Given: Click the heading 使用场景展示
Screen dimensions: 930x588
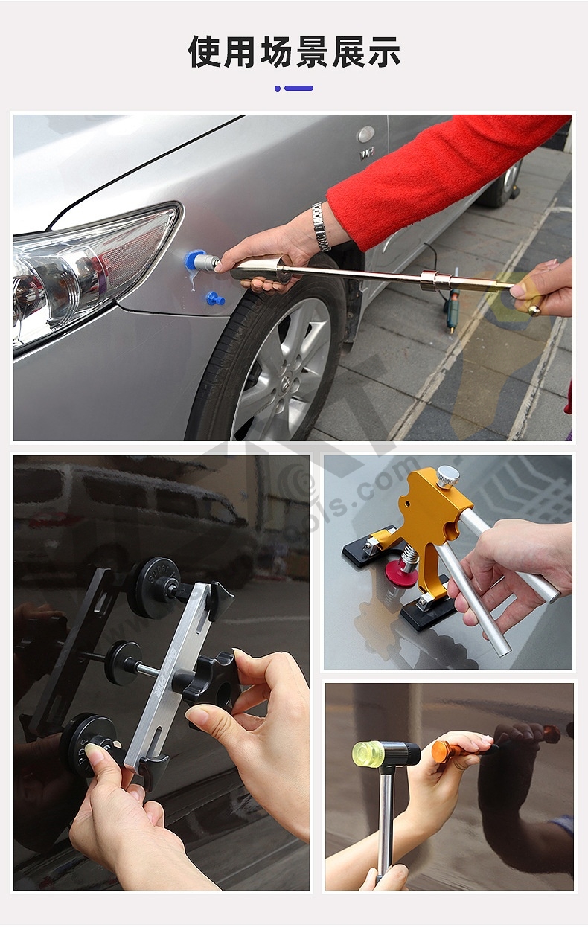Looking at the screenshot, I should point(294,52).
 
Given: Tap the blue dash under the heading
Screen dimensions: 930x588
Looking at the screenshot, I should point(298,88).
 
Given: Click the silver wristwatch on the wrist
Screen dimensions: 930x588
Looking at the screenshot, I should point(321,227).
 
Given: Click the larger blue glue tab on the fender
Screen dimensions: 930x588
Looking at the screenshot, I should point(195,260).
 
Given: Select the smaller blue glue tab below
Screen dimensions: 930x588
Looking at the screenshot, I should point(215,299).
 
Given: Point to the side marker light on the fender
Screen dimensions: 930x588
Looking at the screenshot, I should point(366,134).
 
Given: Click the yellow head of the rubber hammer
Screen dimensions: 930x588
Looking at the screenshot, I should point(368,753).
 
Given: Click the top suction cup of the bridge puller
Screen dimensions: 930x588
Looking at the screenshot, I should point(153,588).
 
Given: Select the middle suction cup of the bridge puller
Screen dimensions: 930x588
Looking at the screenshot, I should point(123,662).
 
